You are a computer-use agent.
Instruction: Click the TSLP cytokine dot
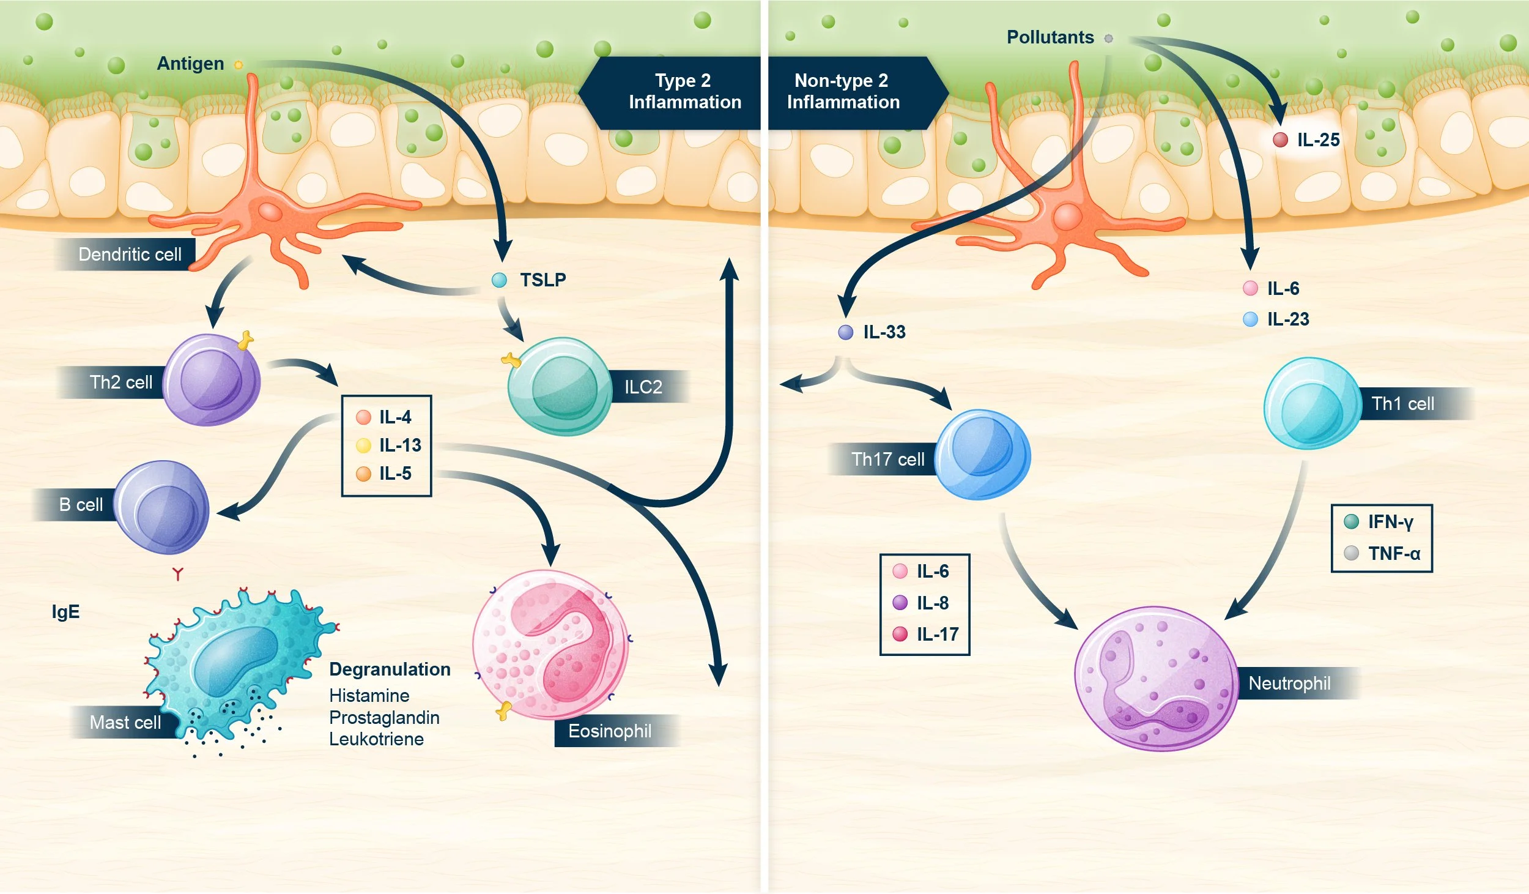click(499, 280)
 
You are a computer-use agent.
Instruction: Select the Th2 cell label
click(120, 382)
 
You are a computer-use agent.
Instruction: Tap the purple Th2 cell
click(212, 380)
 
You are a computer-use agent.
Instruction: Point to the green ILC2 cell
click(560, 387)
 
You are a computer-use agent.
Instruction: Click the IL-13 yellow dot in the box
click(363, 445)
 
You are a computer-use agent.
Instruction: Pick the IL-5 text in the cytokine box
click(395, 474)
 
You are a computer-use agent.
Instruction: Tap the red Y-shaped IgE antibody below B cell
click(177, 574)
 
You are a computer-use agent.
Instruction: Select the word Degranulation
click(390, 669)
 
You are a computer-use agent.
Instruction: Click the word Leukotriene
click(376, 739)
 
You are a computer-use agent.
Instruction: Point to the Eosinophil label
click(610, 731)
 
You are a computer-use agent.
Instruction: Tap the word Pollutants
click(1050, 37)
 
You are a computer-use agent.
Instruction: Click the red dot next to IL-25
click(1280, 140)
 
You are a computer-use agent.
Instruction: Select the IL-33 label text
click(884, 332)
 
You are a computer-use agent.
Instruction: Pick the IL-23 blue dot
click(1251, 319)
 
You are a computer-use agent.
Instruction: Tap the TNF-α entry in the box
click(1394, 554)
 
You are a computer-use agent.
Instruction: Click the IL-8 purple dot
click(900, 603)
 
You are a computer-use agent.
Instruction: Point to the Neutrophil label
click(1289, 684)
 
